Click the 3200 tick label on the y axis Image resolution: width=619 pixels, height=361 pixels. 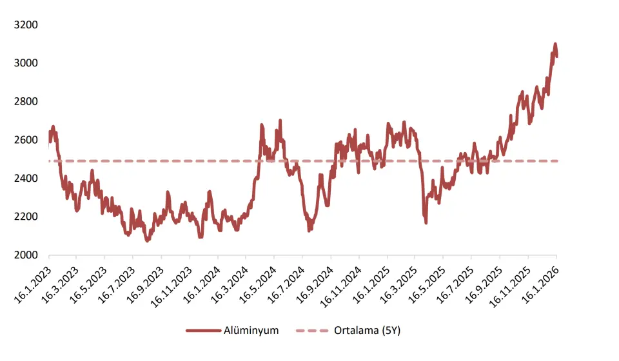coord(26,25)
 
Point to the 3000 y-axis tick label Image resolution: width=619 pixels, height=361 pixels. coord(26,63)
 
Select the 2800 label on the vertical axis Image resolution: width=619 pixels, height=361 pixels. coord(26,102)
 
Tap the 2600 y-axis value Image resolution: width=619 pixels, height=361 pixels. coord(26,140)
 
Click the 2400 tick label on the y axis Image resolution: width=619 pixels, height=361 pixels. coord(26,179)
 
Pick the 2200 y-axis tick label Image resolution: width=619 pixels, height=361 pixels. coord(26,217)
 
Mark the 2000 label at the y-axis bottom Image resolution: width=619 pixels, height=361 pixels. coord(26,255)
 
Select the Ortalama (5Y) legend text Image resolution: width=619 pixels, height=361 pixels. coord(367,331)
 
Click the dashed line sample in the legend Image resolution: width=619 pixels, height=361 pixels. coord(312,331)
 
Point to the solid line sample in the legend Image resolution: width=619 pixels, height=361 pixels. coord(204,331)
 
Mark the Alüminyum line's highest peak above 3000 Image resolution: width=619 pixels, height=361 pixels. coord(555,44)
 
